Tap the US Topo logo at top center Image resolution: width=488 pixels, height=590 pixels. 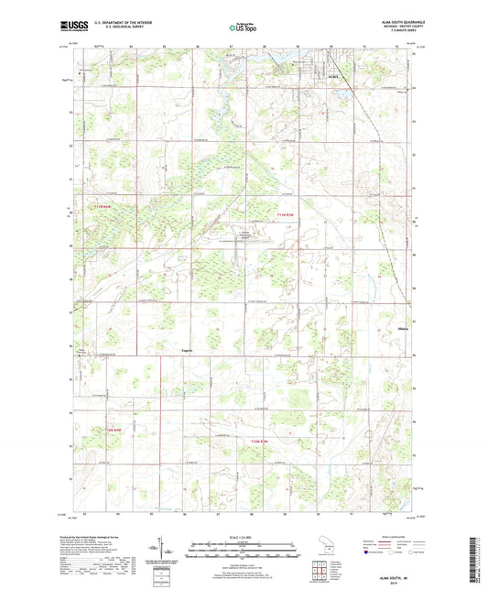(243, 28)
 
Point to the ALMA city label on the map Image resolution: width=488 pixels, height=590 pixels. (332, 76)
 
